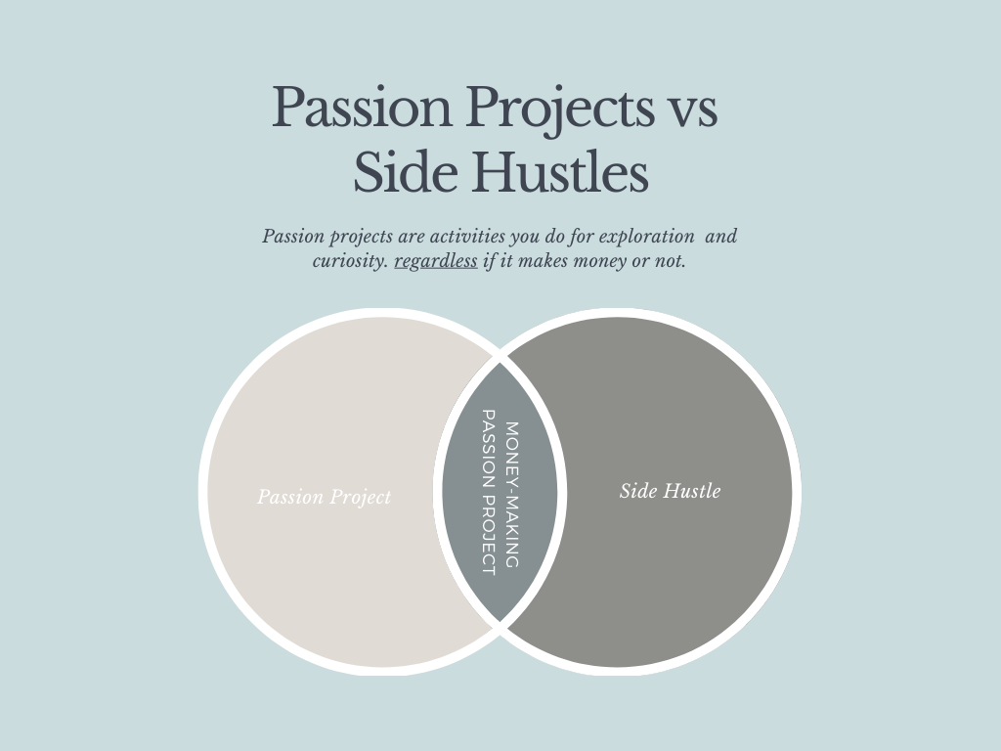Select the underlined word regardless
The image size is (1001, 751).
click(436, 262)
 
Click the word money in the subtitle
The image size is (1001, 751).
click(608, 261)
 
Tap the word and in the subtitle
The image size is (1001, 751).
click(721, 237)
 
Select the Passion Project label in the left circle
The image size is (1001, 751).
click(324, 497)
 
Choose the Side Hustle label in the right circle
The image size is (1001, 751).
click(670, 491)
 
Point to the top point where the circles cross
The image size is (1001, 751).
click(500, 352)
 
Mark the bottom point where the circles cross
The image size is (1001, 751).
click(500, 630)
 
